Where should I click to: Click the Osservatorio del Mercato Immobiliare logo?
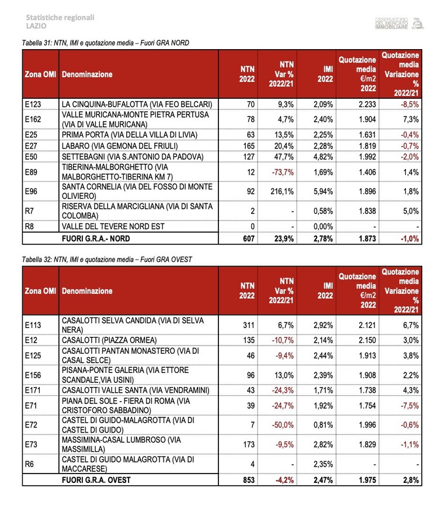400,23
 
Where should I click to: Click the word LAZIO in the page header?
36,26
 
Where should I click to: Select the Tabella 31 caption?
105,43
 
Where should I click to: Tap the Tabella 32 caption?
107,260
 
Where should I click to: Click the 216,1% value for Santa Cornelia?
282,192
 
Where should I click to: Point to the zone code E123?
33,105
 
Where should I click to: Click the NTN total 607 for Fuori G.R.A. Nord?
249,239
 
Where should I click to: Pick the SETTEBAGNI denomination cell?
133,157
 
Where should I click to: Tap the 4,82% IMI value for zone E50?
323,157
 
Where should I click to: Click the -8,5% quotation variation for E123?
409,105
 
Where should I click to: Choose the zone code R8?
29,227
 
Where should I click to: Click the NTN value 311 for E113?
249,325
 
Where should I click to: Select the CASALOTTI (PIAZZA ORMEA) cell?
109,340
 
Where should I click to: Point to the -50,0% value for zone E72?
283,425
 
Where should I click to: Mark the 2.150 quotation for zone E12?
367,340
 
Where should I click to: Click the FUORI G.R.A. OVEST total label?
96,480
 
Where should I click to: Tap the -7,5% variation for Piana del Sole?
409,406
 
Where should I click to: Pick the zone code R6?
29,464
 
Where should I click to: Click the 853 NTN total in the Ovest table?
249,480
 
